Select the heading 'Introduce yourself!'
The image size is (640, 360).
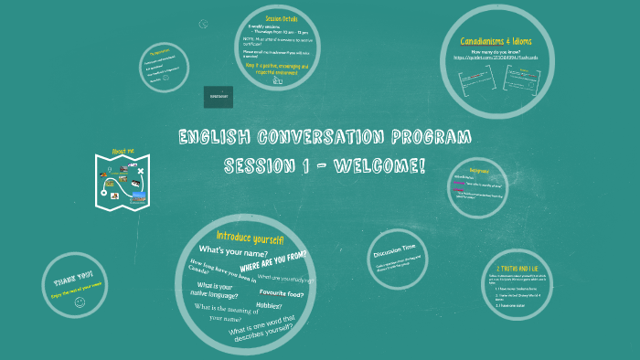(250, 238)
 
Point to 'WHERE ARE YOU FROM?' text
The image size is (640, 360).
(272, 260)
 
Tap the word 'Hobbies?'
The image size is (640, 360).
(268, 305)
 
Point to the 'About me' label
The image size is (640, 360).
(123, 152)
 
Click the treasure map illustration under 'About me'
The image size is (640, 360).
(123, 177)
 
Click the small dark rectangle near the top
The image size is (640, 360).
(218, 96)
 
